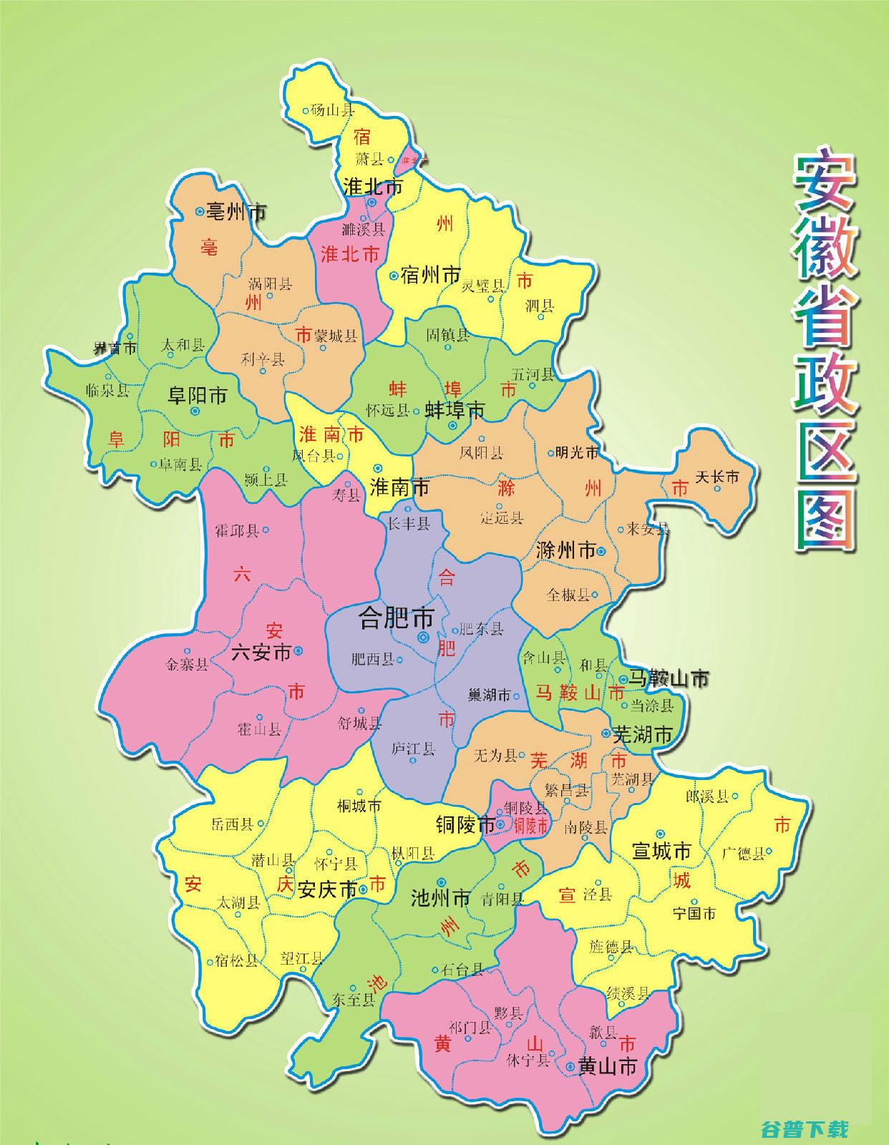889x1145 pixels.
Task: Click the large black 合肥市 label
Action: click(395, 617)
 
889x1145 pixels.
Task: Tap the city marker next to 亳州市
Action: click(200, 211)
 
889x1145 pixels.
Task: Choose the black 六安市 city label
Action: click(261, 652)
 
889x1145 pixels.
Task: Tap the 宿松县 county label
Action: click(236, 960)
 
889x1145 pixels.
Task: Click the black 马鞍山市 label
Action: click(669, 678)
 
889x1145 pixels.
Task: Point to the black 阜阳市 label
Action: click(198, 395)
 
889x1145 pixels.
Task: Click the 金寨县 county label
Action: click(187, 664)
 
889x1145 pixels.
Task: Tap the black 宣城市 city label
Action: click(661, 850)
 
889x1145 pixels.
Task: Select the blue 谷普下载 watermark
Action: click(805, 1129)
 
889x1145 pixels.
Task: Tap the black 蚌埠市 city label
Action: click(455, 409)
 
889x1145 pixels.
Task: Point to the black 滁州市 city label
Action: click(565, 551)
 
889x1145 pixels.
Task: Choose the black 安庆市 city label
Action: click(327, 890)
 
